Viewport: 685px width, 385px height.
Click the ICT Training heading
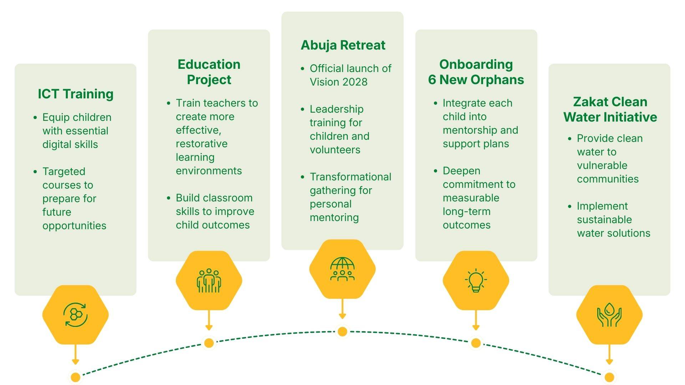76,94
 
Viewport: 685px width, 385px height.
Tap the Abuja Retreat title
343,45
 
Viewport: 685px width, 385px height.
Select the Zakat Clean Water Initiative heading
610,109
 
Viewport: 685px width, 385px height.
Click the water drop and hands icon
609,315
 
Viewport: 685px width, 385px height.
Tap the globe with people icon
342,269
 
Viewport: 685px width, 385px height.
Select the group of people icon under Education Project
209,281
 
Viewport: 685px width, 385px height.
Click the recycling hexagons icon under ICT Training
75,315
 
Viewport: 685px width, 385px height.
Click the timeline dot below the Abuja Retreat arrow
342,332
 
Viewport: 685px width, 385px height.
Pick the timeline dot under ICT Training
75,377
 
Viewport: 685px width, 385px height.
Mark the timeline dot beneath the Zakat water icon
609,377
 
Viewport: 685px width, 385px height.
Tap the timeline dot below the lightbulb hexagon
476,343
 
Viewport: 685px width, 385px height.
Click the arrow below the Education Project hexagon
209,321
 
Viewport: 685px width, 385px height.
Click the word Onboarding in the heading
476,65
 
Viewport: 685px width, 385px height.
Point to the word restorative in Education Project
202,144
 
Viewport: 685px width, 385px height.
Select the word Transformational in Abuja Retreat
350,177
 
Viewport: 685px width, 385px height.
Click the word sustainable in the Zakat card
604,220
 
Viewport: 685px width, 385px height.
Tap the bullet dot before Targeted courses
35,172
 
